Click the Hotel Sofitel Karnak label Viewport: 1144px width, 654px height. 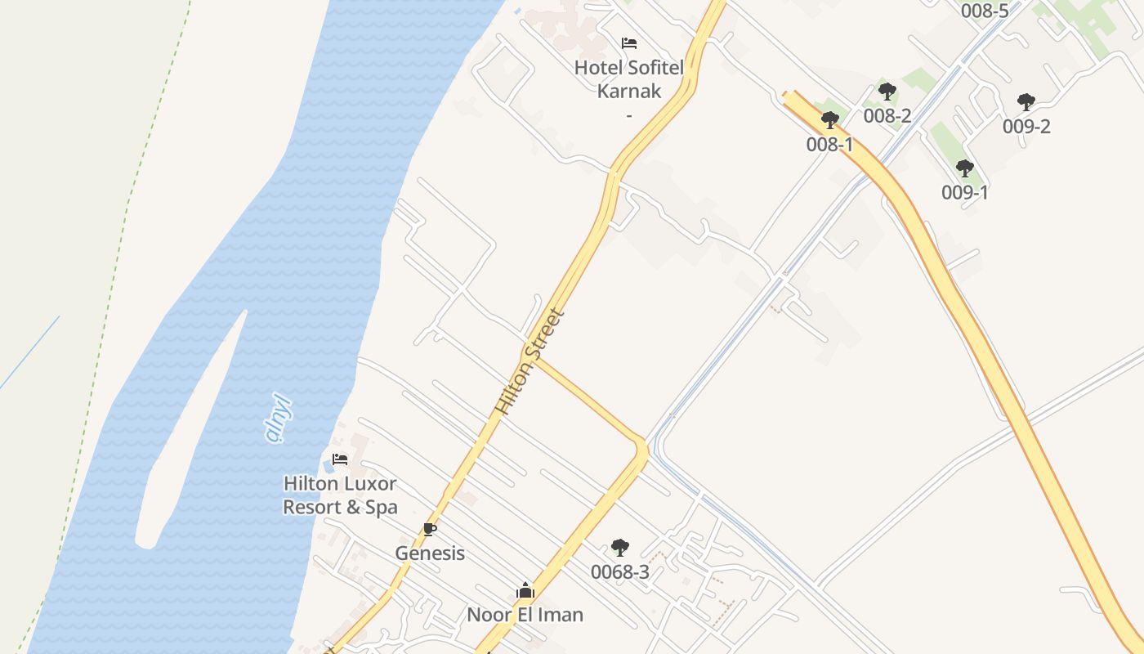(628, 78)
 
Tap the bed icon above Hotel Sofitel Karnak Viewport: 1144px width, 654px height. (628, 43)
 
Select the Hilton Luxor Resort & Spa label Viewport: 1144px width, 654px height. (340, 495)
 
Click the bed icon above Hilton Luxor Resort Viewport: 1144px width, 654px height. (340, 459)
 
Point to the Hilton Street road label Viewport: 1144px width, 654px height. (530, 361)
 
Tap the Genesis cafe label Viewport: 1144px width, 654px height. (430, 553)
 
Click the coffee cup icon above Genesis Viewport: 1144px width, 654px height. (430, 530)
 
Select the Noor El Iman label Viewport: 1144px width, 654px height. (525, 615)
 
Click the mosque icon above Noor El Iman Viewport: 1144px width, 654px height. (525, 590)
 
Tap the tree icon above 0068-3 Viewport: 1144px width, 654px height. (620, 548)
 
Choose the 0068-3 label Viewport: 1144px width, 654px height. (620, 572)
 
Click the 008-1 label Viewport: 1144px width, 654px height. (829, 145)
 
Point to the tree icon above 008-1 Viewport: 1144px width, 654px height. (829, 121)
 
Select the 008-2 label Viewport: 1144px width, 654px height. (887, 116)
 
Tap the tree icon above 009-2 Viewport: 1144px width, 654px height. (1026, 103)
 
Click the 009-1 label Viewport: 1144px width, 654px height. (964, 193)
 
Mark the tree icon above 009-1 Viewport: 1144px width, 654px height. (964, 169)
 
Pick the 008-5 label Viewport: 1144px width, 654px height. (985, 11)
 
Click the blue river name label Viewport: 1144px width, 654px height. (279, 418)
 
